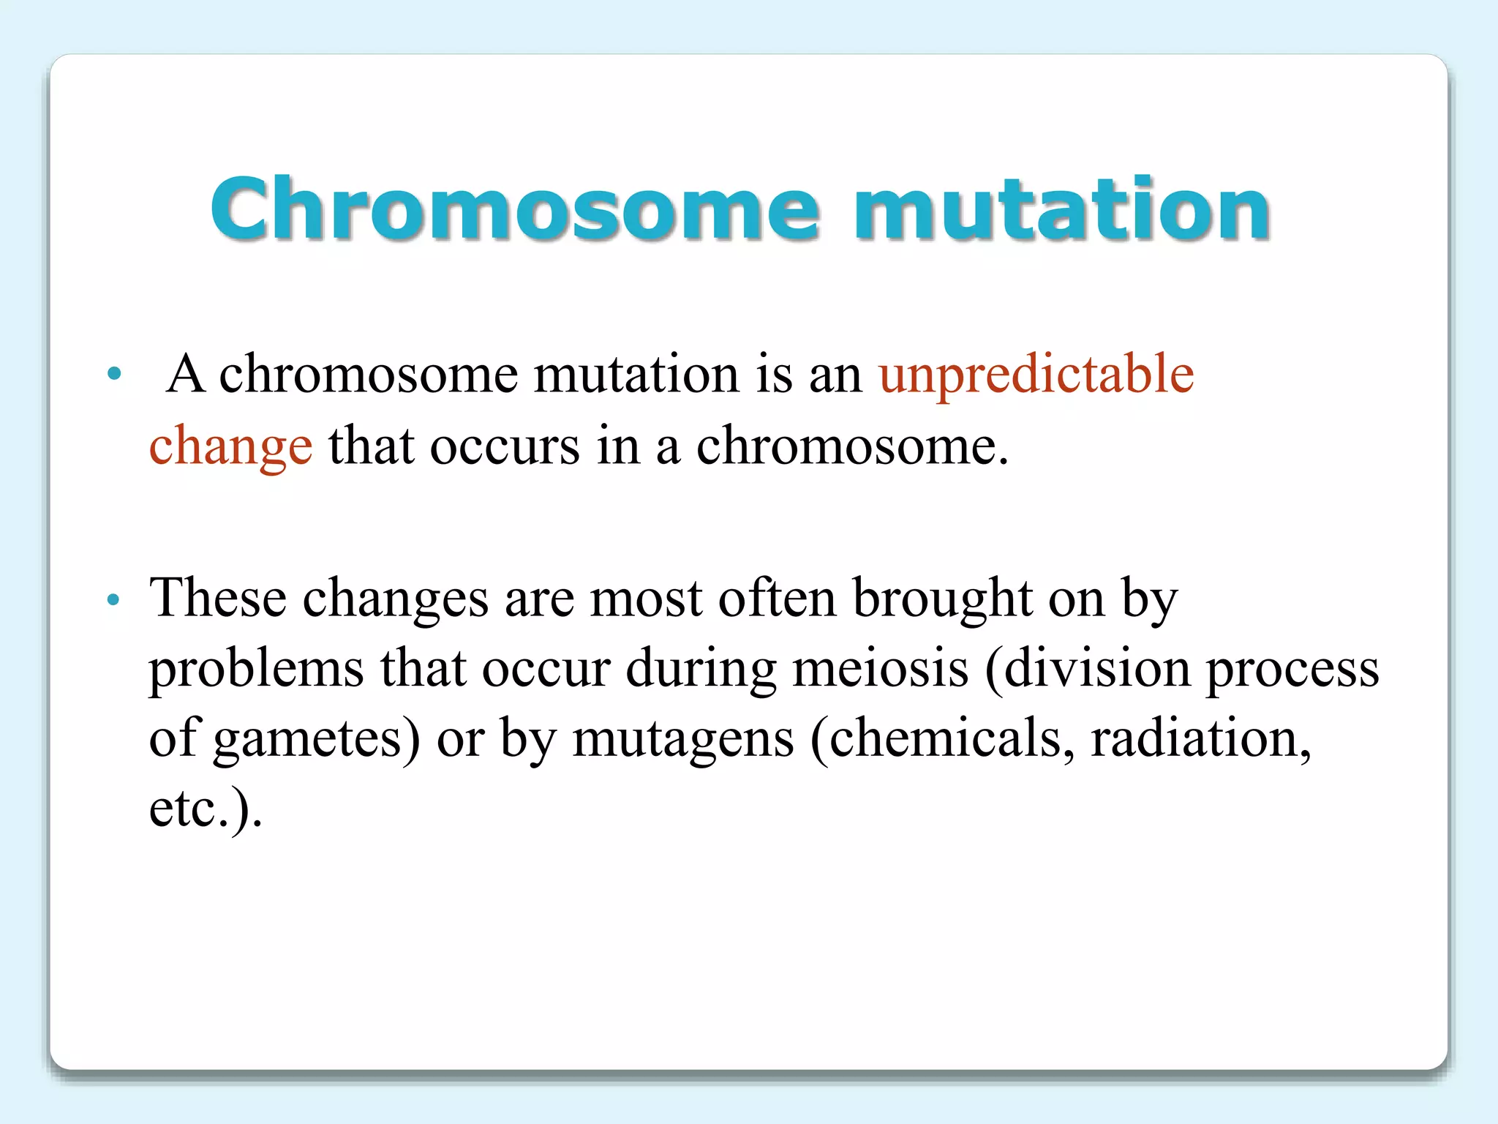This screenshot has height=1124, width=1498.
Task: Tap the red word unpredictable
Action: [1036, 375]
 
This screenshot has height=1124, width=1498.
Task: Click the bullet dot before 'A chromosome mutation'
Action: [113, 374]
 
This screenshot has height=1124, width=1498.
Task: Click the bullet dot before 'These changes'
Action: [113, 601]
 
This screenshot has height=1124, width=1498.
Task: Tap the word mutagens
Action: [682, 739]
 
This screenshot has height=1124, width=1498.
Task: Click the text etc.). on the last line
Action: [206, 809]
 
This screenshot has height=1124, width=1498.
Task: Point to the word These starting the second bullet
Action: [217, 598]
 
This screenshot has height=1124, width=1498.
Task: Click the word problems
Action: [256, 670]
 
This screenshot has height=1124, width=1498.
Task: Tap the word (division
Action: [1087, 668]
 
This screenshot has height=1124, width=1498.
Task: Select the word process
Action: [1292, 670]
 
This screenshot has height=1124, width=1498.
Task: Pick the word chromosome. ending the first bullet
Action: [851, 446]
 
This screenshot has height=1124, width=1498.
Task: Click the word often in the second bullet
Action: [777, 598]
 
